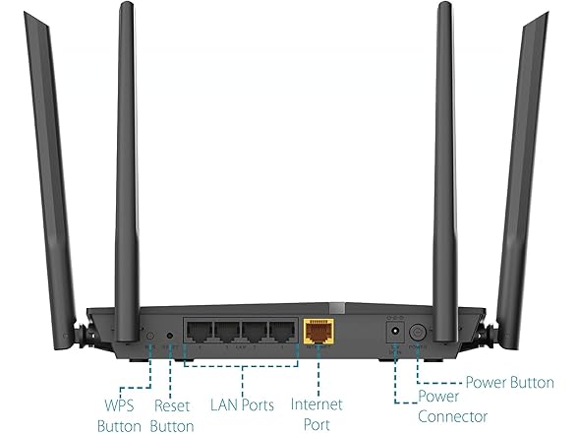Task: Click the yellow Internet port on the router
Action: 318,331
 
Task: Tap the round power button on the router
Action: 418,333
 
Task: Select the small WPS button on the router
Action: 150,336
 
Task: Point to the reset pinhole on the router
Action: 170,336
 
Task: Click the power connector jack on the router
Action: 395,332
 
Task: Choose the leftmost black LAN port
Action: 200,332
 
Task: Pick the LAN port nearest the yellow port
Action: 282,332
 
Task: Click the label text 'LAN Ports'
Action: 242,404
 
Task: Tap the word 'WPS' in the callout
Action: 120,405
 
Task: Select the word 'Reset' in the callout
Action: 172,405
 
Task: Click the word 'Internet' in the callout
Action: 317,404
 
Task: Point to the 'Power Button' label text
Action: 510,382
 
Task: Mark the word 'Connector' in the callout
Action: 452,416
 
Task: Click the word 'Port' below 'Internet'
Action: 317,424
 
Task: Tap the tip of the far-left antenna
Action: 25,13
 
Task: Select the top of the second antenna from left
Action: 127,3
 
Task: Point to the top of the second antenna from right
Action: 444,3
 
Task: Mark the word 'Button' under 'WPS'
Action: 120,426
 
